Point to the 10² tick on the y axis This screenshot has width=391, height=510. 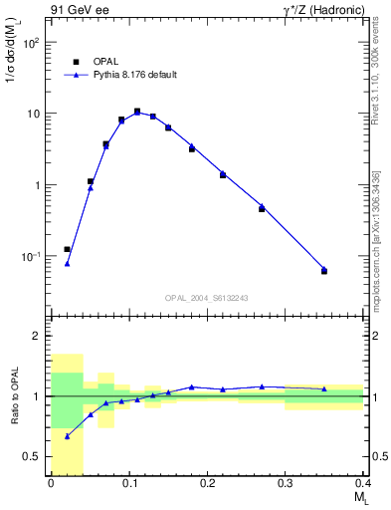tap(33, 43)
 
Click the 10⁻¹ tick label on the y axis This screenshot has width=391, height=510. tap(32, 256)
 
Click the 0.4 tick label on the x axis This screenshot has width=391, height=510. tap(363, 483)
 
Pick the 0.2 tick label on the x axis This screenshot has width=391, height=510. tap(207, 483)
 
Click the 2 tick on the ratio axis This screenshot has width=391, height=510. tap(39, 336)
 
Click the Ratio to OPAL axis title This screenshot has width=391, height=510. tap(14, 395)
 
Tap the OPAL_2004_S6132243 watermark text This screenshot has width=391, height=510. tap(206, 298)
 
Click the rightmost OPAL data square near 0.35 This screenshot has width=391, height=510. tap(324, 271)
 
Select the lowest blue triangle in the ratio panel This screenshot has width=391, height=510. tap(67, 435)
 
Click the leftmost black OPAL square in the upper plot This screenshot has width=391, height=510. tap(67, 249)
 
